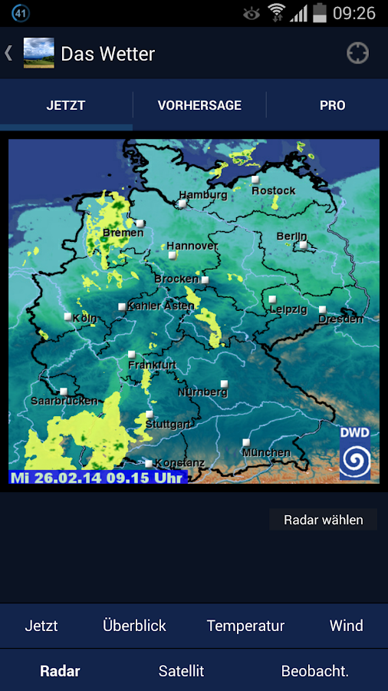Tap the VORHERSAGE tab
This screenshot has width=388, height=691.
point(199,105)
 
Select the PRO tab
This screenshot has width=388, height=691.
point(332,105)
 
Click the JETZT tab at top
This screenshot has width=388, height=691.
point(66,105)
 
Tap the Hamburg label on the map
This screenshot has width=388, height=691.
point(202,195)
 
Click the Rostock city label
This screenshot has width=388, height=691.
point(273,190)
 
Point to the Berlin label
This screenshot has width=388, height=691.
point(291,236)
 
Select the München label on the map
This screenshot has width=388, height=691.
point(266,453)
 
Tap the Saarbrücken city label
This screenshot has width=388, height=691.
point(64,401)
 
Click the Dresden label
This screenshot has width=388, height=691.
point(340,319)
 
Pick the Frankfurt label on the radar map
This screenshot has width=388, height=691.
point(152,365)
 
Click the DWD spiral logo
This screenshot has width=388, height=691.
point(355,460)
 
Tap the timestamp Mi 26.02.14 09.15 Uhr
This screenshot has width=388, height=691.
point(97,477)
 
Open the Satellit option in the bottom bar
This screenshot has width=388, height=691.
point(181,671)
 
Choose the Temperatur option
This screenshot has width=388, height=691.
point(245,626)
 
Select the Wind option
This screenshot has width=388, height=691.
point(346,626)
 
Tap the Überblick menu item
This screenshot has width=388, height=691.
point(134,626)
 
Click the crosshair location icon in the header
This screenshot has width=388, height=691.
point(357,53)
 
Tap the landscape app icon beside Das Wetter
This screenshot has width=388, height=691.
point(39,53)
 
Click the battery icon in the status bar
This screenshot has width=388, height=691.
point(320,13)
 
